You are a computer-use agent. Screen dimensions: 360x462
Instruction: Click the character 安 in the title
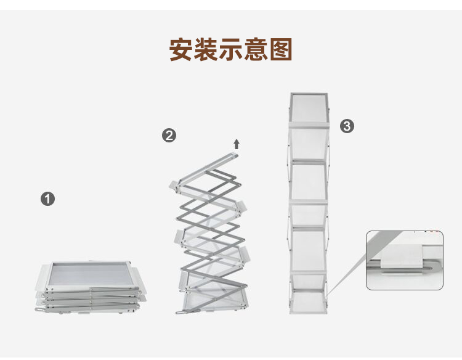point(182,49)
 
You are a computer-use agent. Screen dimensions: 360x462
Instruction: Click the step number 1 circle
point(47,199)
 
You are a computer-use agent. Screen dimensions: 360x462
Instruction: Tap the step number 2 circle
point(169,136)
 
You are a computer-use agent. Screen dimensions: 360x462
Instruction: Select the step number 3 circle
point(347,126)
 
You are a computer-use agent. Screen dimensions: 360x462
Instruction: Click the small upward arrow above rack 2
point(236,144)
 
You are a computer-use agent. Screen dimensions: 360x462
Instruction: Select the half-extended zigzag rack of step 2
point(209,234)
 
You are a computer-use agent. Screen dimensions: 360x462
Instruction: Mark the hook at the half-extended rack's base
point(180,312)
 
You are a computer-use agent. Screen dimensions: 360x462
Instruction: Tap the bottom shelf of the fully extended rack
point(309,302)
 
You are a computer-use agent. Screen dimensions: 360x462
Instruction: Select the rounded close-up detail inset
point(405,260)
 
